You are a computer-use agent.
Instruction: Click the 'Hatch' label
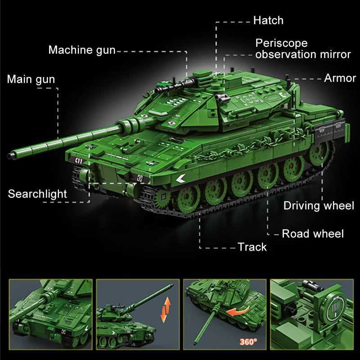pyautogui.click(x=268, y=20)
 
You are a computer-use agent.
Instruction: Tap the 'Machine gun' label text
pyautogui.click(x=82, y=49)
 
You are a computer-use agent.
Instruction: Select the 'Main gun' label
pyautogui.click(x=31, y=80)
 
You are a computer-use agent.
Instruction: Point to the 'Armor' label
pyautogui.click(x=340, y=78)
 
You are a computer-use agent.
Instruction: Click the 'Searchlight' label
pyautogui.click(x=37, y=194)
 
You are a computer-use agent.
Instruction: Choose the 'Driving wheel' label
pyautogui.click(x=319, y=206)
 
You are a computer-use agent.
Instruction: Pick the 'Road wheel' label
pyautogui.click(x=312, y=234)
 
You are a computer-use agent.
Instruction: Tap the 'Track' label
pyautogui.click(x=252, y=247)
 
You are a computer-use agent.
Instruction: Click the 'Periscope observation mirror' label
pyautogui.click(x=302, y=49)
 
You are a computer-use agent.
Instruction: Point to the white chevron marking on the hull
pyautogui.click(x=180, y=178)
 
